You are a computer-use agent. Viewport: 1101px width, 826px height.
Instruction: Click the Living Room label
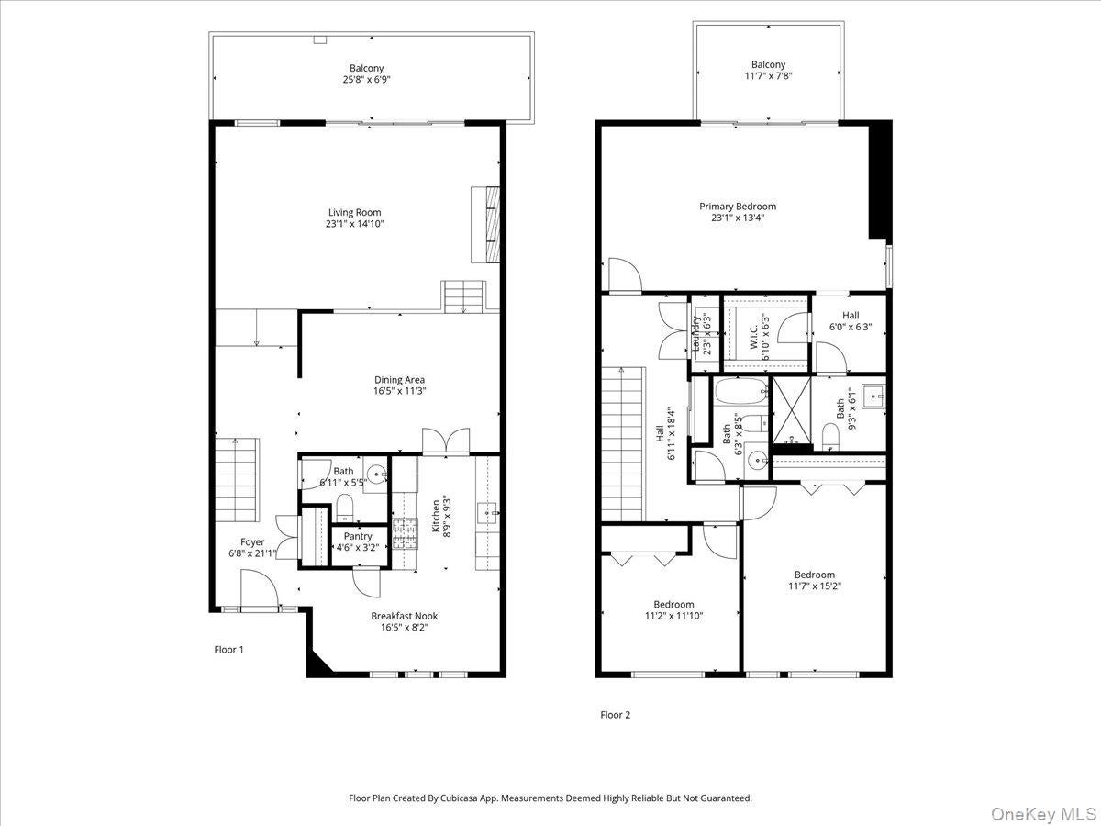pos(354,213)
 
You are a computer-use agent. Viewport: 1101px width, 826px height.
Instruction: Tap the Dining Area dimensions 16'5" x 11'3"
pos(399,391)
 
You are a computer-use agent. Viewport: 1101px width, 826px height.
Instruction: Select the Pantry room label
pos(358,536)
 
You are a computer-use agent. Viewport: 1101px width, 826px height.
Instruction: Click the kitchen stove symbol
pos(405,533)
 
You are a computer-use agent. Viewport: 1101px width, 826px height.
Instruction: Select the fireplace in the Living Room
pos(485,225)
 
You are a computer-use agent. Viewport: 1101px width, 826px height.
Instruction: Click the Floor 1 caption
pos(228,649)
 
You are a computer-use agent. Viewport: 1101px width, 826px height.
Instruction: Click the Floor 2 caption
pos(615,715)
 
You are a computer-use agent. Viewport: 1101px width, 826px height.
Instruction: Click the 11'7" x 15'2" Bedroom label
pos(814,575)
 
